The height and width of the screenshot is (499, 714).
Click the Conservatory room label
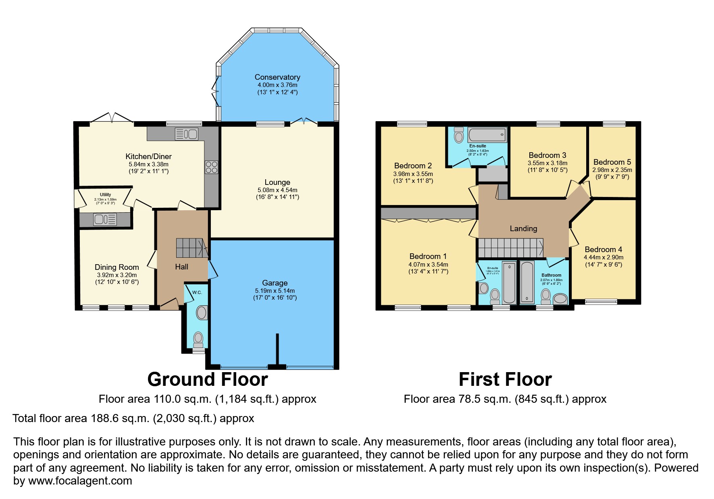277,77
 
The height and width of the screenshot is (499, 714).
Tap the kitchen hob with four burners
212,167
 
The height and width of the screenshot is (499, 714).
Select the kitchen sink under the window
186,134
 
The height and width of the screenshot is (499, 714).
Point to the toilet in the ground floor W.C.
198,339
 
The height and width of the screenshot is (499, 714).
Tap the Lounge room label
277,182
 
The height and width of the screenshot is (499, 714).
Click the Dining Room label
117,267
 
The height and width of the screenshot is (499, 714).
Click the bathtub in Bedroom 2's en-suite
487,134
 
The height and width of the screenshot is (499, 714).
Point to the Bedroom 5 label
612,162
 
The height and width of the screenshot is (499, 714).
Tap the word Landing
523,229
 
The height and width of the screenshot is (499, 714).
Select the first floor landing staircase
510,248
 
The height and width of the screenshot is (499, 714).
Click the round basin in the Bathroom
560,299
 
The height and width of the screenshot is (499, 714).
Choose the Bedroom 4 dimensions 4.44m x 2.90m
603,257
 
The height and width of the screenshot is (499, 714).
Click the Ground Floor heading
207,379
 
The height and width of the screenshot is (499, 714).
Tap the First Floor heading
505,379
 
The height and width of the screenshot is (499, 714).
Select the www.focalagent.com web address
80,481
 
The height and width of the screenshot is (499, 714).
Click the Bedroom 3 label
547,155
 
